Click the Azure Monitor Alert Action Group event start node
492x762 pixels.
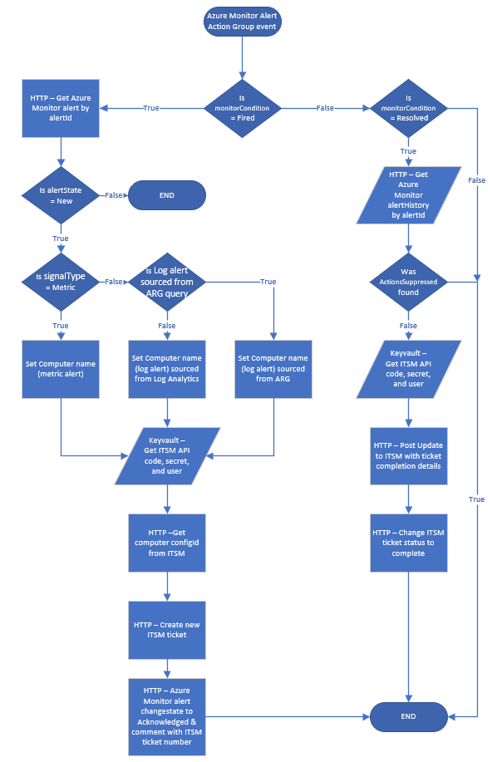[x=242, y=22]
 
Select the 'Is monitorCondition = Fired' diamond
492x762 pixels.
[x=242, y=108]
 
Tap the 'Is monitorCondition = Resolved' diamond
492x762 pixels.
[x=408, y=108]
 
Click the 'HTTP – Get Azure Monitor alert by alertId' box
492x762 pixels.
[x=61, y=108]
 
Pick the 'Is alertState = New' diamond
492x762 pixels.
[x=61, y=195]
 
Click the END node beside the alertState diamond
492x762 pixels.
[x=166, y=195]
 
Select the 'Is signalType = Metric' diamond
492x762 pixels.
[x=61, y=282]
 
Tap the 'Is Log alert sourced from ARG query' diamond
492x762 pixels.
[x=168, y=282]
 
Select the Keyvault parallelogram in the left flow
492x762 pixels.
[x=168, y=455]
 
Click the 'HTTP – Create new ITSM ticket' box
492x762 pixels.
[x=168, y=629]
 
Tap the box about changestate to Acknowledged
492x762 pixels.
[x=168, y=715]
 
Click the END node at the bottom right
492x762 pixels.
[x=408, y=715]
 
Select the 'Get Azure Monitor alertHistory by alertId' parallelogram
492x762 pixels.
[x=408, y=195]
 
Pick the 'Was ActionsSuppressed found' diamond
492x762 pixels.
[x=408, y=282]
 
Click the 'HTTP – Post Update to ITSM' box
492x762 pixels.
[x=408, y=455]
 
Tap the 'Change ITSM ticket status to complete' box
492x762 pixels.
[x=408, y=543]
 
